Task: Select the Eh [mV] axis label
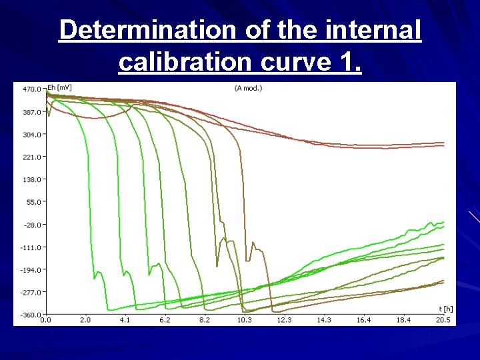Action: (x=59, y=88)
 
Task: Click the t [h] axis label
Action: (x=445, y=309)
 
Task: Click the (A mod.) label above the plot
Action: (x=248, y=88)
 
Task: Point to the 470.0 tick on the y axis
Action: (x=31, y=89)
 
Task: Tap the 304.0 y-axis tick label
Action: (x=31, y=134)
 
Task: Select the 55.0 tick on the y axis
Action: (x=32, y=202)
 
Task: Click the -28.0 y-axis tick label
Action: (x=31, y=225)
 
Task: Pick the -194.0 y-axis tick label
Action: (x=30, y=269)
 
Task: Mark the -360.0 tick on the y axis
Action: (x=30, y=315)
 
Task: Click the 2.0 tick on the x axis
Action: (x=85, y=321)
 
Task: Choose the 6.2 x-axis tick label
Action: (x=165, y=321)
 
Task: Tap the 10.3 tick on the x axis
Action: (x=244, y=321)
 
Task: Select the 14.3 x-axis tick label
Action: (x=324, y=321)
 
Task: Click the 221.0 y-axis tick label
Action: (x=31, y=157)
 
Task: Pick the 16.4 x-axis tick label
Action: (x=364, y=321)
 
